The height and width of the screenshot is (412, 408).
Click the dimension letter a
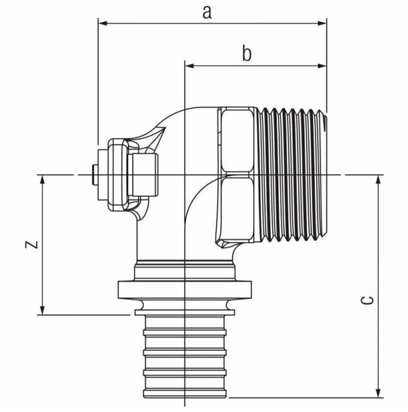tap(207, 12)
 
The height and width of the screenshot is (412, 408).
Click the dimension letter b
tap(247, 54)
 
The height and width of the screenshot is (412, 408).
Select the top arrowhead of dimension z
tap(42, 180)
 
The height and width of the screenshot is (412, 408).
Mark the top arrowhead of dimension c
tap(378, 180)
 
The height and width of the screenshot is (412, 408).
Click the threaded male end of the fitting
tap(291, 174)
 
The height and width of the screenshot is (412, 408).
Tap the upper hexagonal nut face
tap(237, 140)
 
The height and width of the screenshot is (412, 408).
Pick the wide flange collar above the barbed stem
tap(184, 289)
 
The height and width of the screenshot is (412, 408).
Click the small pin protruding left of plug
tap(93, 175)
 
